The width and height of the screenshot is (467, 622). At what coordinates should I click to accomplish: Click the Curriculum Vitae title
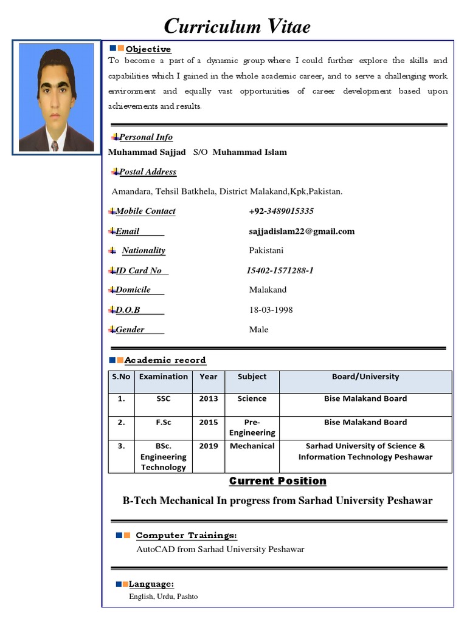238,26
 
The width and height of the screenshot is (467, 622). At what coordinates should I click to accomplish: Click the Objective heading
148,49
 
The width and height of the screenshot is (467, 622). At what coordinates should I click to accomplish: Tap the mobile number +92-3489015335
281,211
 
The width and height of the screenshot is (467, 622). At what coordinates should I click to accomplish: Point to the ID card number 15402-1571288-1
280,271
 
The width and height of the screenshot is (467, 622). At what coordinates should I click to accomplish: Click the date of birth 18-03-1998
271,310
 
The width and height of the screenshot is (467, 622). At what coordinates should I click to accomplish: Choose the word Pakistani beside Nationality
266,250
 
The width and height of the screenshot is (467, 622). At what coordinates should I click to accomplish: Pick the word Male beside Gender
258,330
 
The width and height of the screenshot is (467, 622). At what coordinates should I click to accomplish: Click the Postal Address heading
148,172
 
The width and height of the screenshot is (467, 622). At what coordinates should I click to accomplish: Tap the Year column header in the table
208,377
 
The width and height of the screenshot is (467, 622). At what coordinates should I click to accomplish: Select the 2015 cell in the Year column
208,422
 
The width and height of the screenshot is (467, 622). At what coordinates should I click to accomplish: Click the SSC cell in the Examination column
163,399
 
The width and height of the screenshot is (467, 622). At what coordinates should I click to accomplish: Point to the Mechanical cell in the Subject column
252,446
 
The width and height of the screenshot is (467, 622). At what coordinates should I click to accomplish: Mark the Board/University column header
365,377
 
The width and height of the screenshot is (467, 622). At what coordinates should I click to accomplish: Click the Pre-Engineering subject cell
252,428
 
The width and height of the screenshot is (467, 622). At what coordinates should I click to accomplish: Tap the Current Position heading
277,481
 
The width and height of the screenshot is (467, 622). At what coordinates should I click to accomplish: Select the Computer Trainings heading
186,536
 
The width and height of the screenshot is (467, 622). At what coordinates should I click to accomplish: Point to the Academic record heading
165,360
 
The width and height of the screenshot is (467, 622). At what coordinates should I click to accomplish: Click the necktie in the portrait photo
55,146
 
